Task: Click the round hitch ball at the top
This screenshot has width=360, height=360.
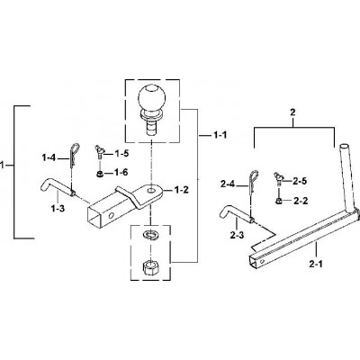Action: (x=151, y=98)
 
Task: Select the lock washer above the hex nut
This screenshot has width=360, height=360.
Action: (x=150, y=234)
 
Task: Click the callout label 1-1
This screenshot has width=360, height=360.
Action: (x=220, y=135)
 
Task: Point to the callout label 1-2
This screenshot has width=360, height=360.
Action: (x=182, y=190)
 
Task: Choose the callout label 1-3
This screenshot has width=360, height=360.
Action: (x=58, y=209)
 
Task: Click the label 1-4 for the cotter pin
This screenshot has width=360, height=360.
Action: (x=49, y=157)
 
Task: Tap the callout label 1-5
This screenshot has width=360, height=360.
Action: (x=121, y=154)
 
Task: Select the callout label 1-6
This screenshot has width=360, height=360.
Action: (x=121, y=172)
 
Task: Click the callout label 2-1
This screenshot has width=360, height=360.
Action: (x=316, y=264)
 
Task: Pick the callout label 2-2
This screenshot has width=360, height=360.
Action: (x=300, y=201)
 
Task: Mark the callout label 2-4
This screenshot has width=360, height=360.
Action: (x=228, y=184)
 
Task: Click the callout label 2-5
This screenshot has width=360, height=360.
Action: (x=299, y=181)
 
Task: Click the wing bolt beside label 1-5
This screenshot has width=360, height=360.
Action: (x=98, y=151)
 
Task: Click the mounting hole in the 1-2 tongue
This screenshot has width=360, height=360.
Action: (x=152, y=190)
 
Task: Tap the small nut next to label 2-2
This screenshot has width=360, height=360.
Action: (x=278, y=201)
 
